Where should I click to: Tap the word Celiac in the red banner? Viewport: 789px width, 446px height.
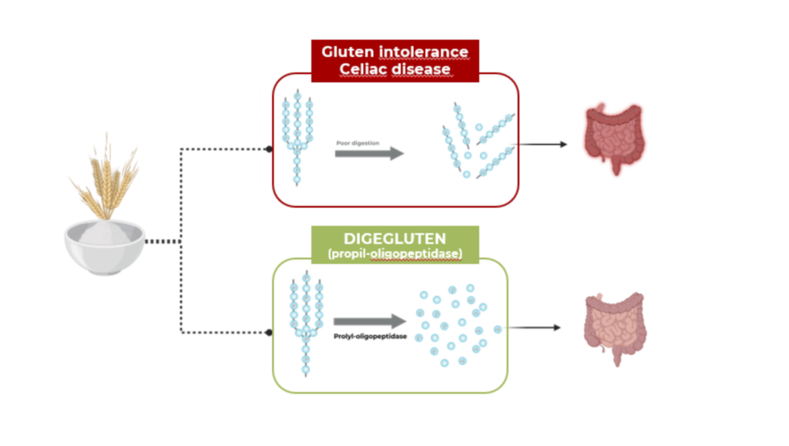364,69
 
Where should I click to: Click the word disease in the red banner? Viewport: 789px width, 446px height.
421,69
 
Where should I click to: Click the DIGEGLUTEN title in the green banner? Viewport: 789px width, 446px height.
394,239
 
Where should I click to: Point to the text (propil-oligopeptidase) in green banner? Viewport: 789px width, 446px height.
394,253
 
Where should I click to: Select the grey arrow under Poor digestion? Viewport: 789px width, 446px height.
369,153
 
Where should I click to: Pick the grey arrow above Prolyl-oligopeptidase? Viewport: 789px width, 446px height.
369,321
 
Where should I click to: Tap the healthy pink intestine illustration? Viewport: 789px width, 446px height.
613,327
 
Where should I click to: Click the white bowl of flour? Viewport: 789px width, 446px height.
104,246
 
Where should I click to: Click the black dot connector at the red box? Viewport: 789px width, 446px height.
268,149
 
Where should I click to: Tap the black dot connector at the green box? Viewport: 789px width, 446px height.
268,332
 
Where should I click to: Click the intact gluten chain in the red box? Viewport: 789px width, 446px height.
297,139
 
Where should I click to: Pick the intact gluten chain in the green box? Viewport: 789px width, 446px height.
306,324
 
